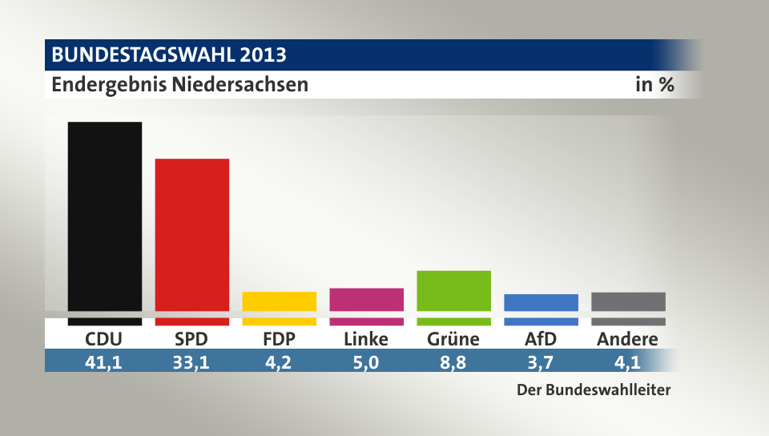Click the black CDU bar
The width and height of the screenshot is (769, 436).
105,216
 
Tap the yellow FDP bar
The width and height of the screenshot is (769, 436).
280,302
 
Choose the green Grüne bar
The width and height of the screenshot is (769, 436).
453,291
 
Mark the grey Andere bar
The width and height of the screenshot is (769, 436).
628,302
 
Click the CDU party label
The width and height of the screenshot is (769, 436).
105,339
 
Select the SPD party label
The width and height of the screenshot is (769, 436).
192,339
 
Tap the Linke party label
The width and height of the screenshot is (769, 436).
366,339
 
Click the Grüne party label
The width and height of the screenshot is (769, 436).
453,339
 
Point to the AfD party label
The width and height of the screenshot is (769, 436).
541,339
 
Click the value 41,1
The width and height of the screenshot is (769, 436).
105,361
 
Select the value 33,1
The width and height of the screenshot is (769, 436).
192,361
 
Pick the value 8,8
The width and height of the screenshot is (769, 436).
453,361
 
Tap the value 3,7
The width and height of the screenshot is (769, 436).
541,361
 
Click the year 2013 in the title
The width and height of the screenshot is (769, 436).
261,55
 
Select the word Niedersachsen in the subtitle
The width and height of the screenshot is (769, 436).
240,84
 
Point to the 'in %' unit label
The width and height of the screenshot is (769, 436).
654,84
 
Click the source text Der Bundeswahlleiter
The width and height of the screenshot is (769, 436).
592,391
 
